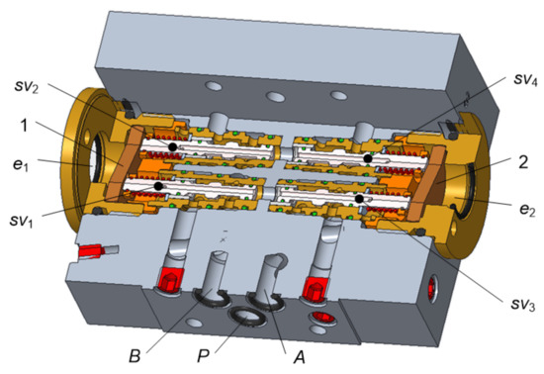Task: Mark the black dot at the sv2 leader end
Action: click(x=172, y=146)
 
